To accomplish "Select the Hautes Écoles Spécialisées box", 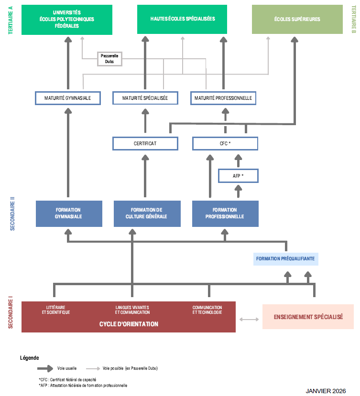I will coord(182,19).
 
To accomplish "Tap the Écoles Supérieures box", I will coord(297,20).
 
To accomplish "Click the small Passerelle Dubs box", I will coord(109,58).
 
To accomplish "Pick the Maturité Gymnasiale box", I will coord(69,98).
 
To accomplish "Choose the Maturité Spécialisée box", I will coord(145,98).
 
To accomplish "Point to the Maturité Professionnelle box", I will coord(223,98).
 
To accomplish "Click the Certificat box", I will coord(145,143).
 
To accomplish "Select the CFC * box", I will coord(225,143).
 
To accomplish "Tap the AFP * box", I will coord(238,176).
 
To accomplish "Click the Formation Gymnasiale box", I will coord(69,213).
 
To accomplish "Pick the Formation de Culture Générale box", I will coord(147,213).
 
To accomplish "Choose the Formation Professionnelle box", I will coord(225,213).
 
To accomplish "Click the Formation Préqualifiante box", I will coord(285,259).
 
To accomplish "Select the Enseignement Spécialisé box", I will coord(308,317).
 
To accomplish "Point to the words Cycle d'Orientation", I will coord(129,324).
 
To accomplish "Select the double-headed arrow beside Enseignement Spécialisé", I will coord(249,319).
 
